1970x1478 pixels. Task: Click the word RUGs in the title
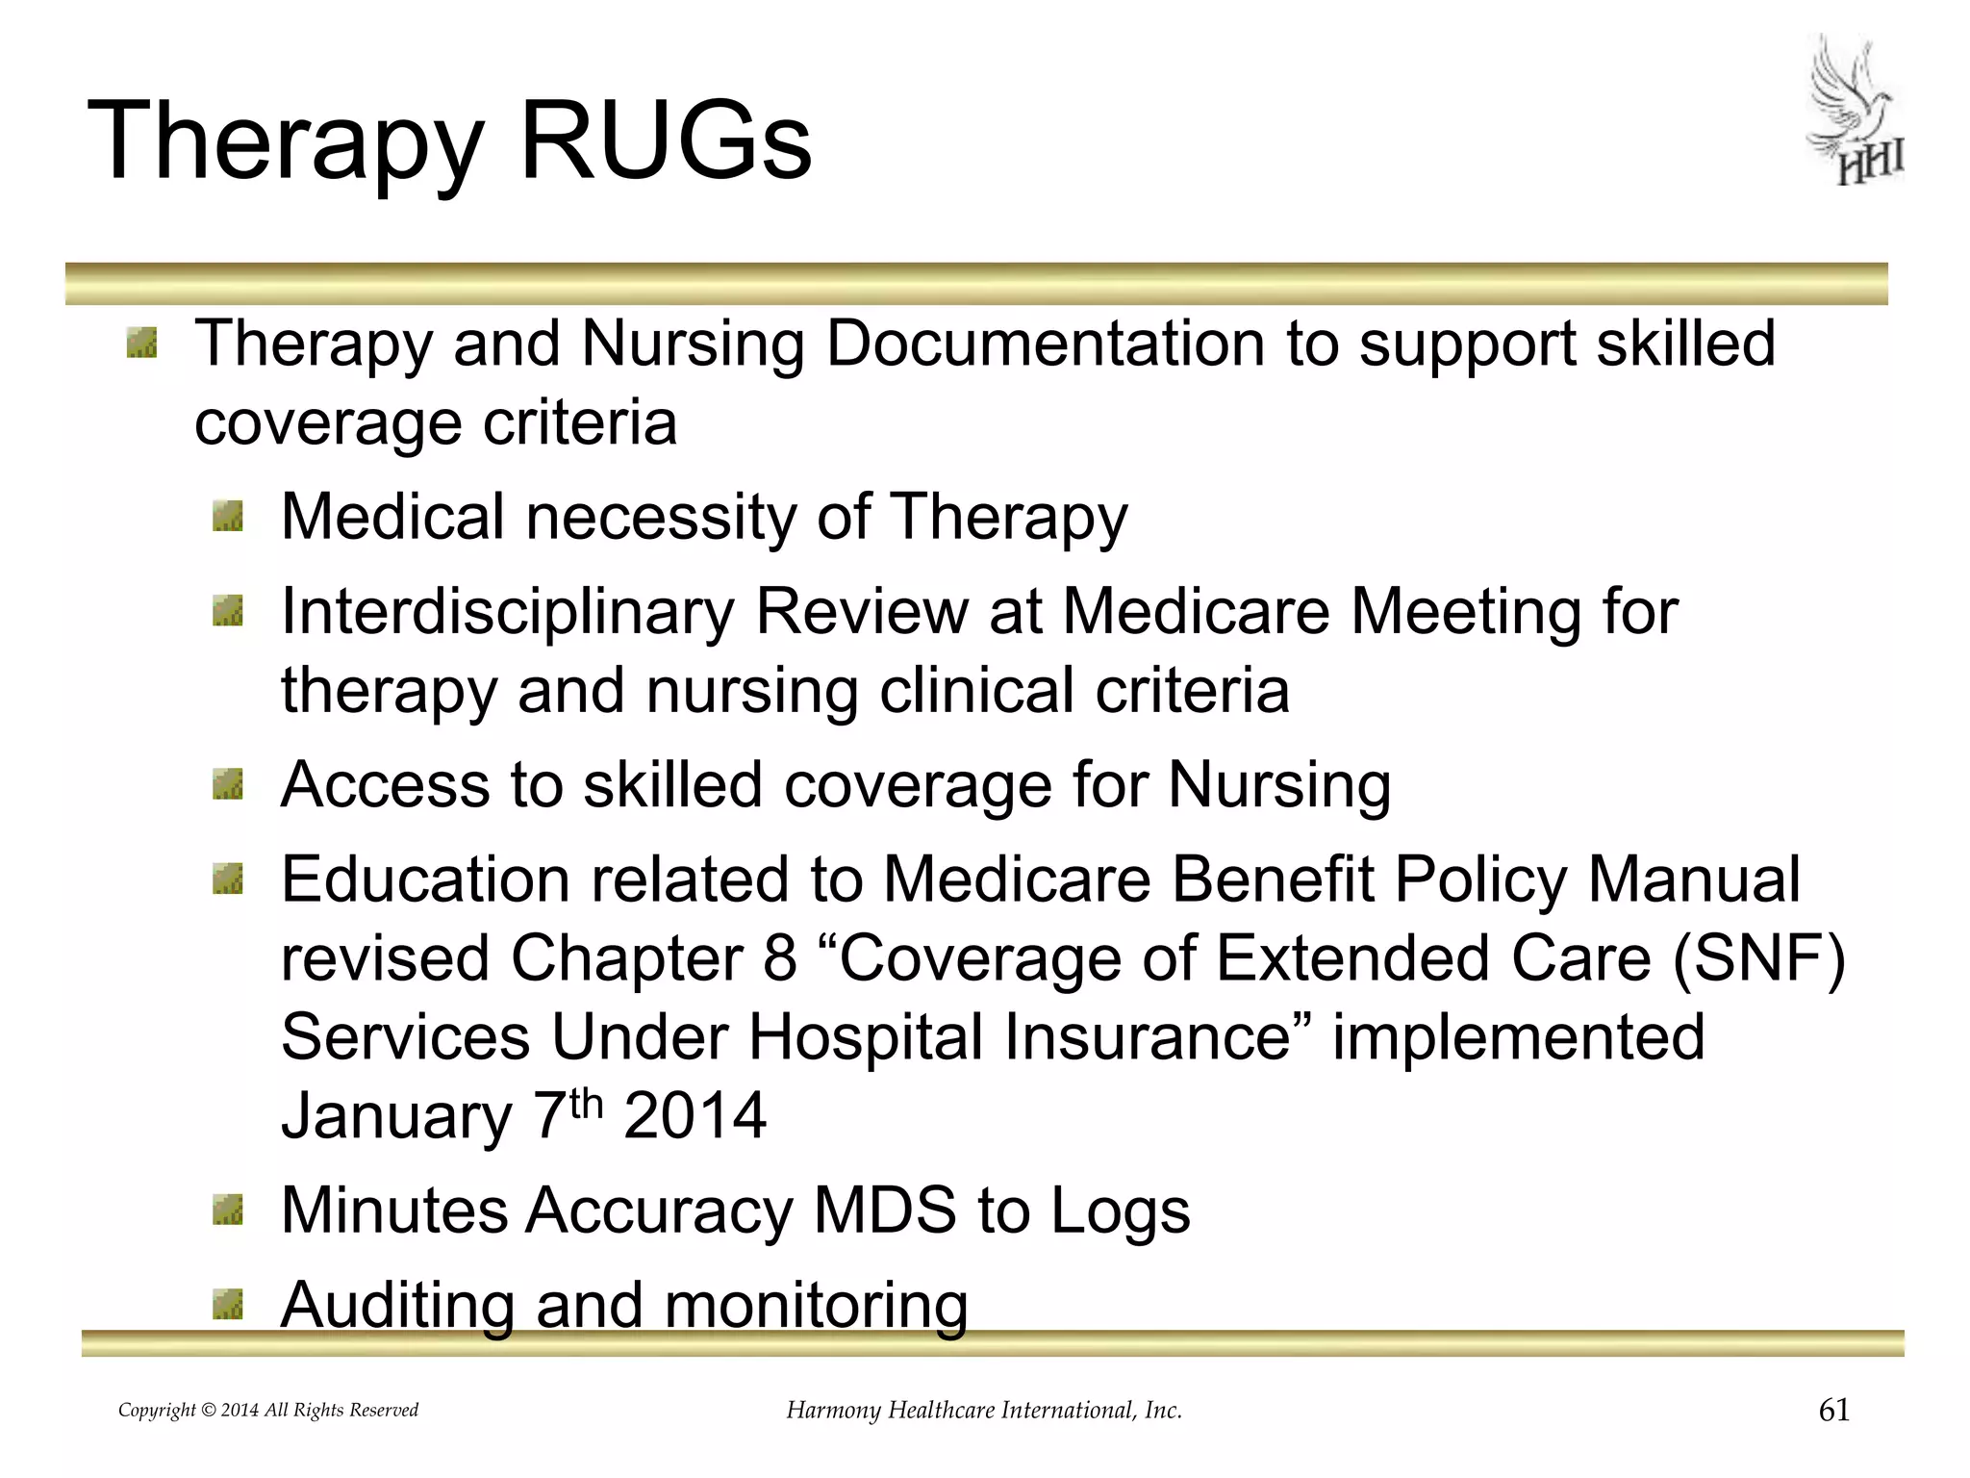(x=666, y=141)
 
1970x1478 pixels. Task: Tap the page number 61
(x=1834, y=1410)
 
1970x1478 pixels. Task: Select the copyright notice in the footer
(x=268, y=1411)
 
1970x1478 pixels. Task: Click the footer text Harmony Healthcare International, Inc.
(x=984, y=1411)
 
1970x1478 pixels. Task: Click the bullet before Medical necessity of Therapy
(x=228, y=519)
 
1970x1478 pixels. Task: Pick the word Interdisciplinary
(x=507, y=612)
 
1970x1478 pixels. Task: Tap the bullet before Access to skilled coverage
(x=228, y=785)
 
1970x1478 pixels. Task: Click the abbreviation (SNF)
(x=1758, y=959)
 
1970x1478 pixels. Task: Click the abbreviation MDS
(x=884, y=1210)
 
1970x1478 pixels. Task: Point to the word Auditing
(x=396, y=1306)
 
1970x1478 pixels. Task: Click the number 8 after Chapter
(x=780, y=959)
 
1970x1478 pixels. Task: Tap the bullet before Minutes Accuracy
(x=228, y=1210)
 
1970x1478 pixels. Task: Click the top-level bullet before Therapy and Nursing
(x=141, y=344)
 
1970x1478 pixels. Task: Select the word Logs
(x=1120, y=1210)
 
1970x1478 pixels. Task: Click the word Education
(x=426, y=880)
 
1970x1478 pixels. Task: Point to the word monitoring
(x=816, y=1306)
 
